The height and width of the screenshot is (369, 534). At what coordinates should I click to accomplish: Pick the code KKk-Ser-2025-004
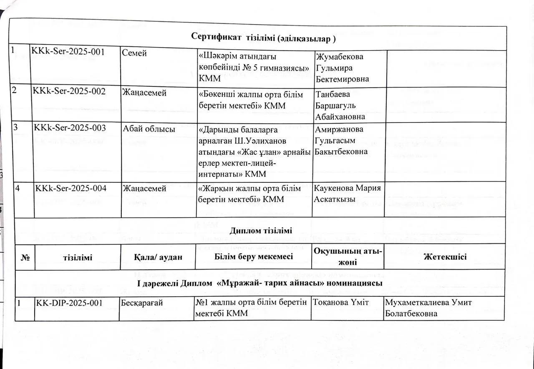[71, 189]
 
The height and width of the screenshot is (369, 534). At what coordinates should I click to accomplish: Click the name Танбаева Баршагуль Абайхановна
[340, 106]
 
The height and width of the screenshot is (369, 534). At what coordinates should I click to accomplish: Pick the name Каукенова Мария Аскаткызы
[347, 194]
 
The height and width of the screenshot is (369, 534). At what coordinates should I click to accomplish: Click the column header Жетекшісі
[445, 257]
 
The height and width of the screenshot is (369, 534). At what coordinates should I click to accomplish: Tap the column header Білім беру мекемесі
[254, 257]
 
